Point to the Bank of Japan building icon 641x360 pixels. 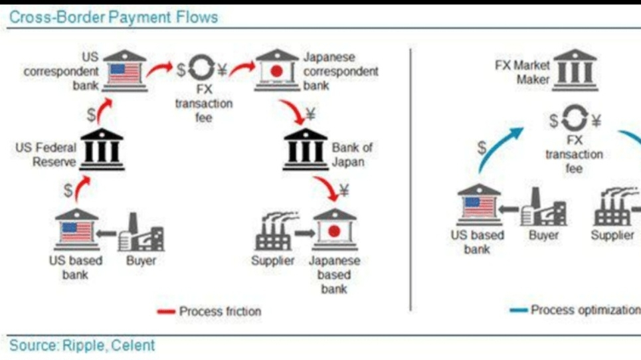[x=305, y=148]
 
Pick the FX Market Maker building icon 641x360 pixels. [x=575, y=70]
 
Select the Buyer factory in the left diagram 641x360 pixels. [x=141, y=232]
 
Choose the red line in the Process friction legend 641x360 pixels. [x=166, y=311]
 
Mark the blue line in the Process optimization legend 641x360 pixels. [x=519, y=310]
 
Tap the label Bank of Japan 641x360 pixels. [x=352, y=154]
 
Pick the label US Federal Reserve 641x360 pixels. [x=46, y=154]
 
